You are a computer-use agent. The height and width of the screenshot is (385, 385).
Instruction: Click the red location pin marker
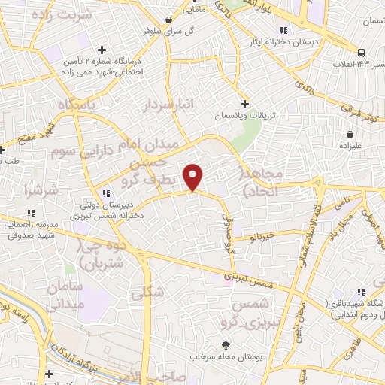click(x=194, y=176)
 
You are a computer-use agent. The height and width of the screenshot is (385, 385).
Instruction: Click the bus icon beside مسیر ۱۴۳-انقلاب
click(x=362, y=53)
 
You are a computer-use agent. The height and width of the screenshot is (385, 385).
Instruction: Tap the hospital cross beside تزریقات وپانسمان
click(x=244, y=104)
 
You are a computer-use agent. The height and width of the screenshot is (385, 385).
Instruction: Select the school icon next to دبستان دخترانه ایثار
click(x=284, y=31)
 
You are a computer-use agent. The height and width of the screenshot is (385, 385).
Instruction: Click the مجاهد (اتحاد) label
click(x=263, y=183)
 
